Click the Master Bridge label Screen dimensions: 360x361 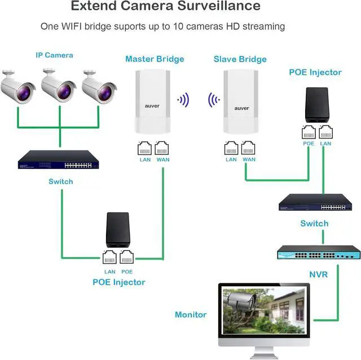pos(154,59)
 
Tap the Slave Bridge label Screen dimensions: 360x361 pos(240,59)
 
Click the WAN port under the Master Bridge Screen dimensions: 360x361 pos(162,149)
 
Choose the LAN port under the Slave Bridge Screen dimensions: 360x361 pos(231,148)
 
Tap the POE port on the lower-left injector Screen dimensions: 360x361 pos(126,258)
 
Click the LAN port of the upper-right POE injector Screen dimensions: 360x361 pos(325,133)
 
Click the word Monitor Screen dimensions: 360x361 pos(191,315)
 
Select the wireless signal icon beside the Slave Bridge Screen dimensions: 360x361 pos(213,101)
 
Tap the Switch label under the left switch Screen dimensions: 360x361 pos(60,181)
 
